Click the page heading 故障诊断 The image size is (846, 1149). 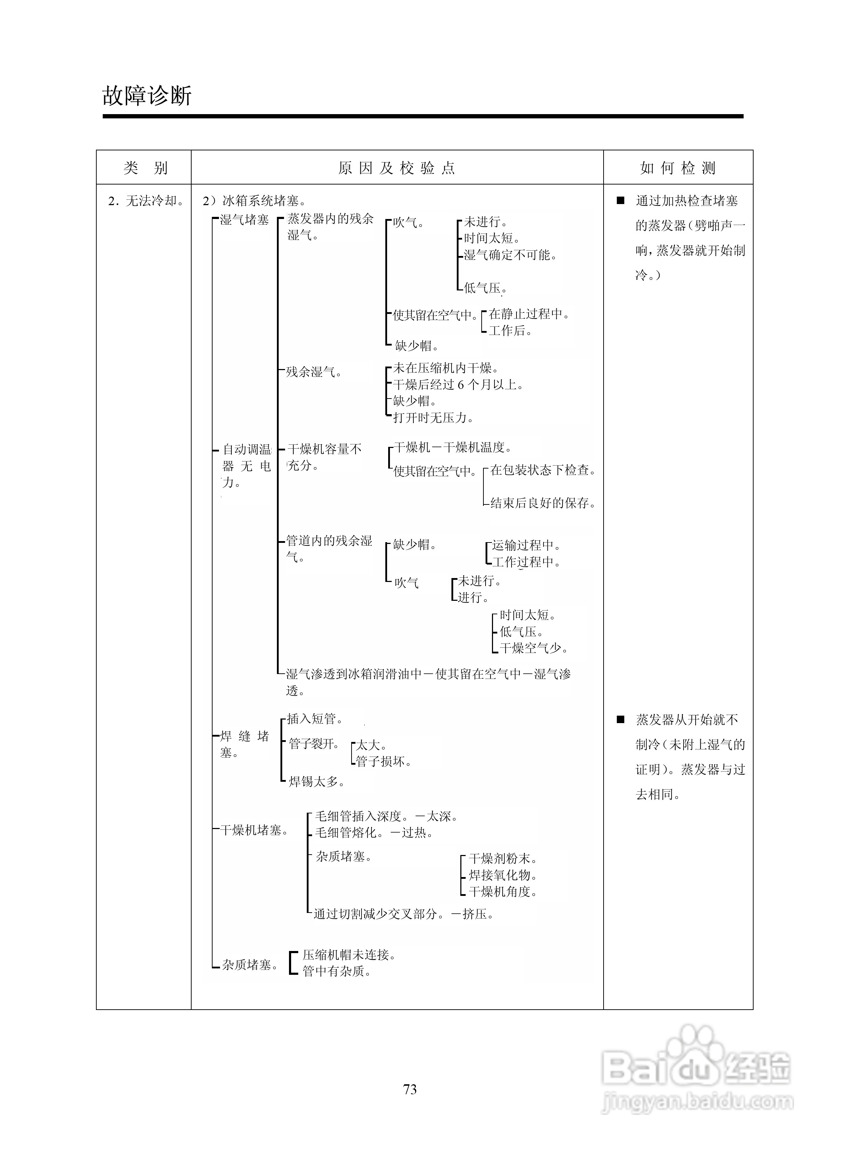pos(147,95)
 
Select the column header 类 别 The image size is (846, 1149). pos(145,168)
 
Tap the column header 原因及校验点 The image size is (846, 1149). pos(397,168)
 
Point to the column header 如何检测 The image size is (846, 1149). pos(678,168)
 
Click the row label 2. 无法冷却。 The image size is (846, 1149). pos(146,201)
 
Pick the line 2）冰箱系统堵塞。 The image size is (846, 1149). pos(255,201)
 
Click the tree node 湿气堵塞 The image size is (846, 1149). pos(244,220)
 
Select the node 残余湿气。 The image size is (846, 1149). pos(314,372)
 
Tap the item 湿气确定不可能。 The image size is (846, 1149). pos(510,255)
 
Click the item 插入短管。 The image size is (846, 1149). pos(315,719)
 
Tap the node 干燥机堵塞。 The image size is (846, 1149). pos(254,830)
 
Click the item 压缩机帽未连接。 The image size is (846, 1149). pos(349,955)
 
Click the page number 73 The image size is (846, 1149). pos(410,1090)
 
